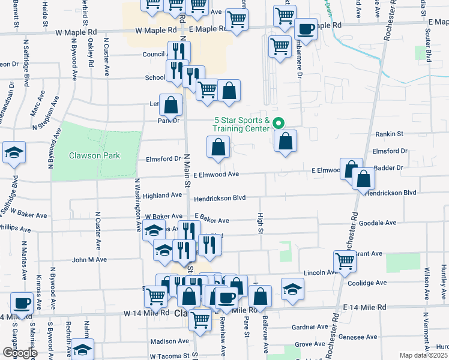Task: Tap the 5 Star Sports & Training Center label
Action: click(241, 124)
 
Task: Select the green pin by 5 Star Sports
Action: click(279, 124)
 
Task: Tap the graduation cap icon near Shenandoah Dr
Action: click(14, 153)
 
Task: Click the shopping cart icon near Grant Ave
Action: click(345, 260)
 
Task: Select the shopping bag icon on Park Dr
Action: click(171, 105)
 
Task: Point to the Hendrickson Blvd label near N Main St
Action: click(220, 197)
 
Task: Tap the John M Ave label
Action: click(89, 260)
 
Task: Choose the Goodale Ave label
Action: click(379, 223)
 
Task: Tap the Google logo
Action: click(19, 353)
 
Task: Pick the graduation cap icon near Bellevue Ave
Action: click(292, 290)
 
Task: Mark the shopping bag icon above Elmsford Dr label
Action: click(218, 147)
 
